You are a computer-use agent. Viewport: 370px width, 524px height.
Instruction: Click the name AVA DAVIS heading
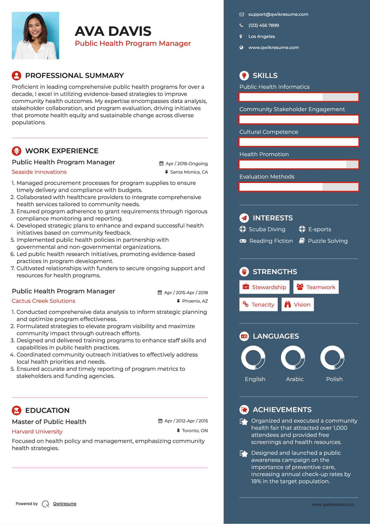113,31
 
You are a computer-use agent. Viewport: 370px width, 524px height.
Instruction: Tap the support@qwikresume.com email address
278,14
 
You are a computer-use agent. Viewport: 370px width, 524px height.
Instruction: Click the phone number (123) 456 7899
263,26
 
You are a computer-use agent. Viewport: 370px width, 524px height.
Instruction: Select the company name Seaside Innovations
39,172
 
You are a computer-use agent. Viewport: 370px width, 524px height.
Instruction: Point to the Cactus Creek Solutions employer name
43,301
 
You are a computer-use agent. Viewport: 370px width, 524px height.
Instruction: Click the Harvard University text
37,432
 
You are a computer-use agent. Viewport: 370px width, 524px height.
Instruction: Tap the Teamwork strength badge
316,287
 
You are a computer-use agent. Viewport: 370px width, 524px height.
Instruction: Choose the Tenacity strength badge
258,305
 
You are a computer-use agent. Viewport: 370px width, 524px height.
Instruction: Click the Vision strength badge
297,305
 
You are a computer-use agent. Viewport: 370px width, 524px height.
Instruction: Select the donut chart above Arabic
293,358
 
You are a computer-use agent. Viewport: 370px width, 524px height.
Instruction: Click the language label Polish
334,379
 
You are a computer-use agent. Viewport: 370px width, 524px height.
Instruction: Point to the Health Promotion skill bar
299,165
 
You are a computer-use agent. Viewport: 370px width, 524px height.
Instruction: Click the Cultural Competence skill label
268,132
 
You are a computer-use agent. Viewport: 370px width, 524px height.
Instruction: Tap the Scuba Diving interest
267,229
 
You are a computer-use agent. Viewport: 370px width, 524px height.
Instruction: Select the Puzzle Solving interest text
328,241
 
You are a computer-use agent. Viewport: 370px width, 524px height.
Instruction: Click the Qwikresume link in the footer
65,504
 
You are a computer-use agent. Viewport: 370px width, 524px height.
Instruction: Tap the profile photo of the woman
36,36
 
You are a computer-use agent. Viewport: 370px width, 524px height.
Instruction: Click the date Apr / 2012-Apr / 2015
186,421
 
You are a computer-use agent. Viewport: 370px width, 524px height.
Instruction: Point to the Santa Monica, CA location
189,172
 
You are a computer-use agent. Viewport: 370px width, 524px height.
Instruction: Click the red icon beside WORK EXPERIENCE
17,151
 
